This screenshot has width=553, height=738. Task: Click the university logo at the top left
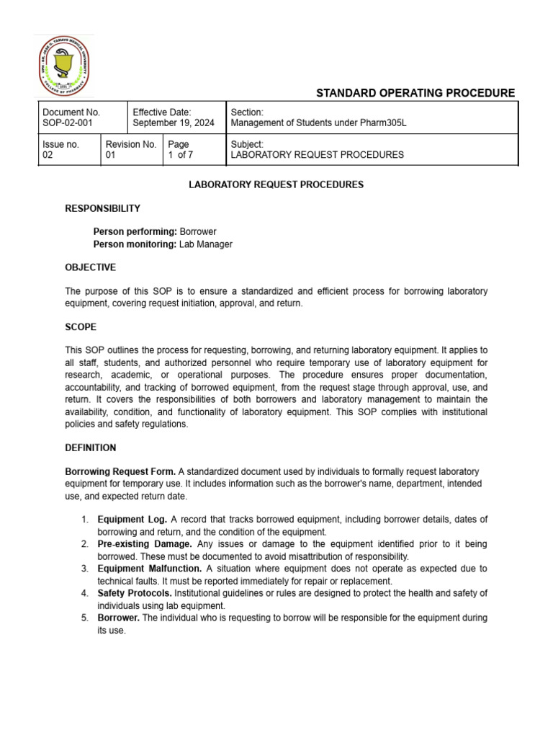65,66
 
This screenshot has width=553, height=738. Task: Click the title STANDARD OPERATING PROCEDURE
415,93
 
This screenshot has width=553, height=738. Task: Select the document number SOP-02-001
71,123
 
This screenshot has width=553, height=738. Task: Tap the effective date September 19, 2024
174,123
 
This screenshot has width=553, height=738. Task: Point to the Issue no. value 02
48,155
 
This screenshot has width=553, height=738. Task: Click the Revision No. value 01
112,155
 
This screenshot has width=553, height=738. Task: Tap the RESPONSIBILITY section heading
103,208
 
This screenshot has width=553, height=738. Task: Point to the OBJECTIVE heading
90,267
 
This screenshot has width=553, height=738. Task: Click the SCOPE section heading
81,326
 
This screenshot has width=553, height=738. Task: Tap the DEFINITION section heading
91,448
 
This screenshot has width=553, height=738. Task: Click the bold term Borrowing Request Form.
120,471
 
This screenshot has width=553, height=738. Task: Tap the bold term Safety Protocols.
134,593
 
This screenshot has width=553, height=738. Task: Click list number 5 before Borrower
84,618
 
